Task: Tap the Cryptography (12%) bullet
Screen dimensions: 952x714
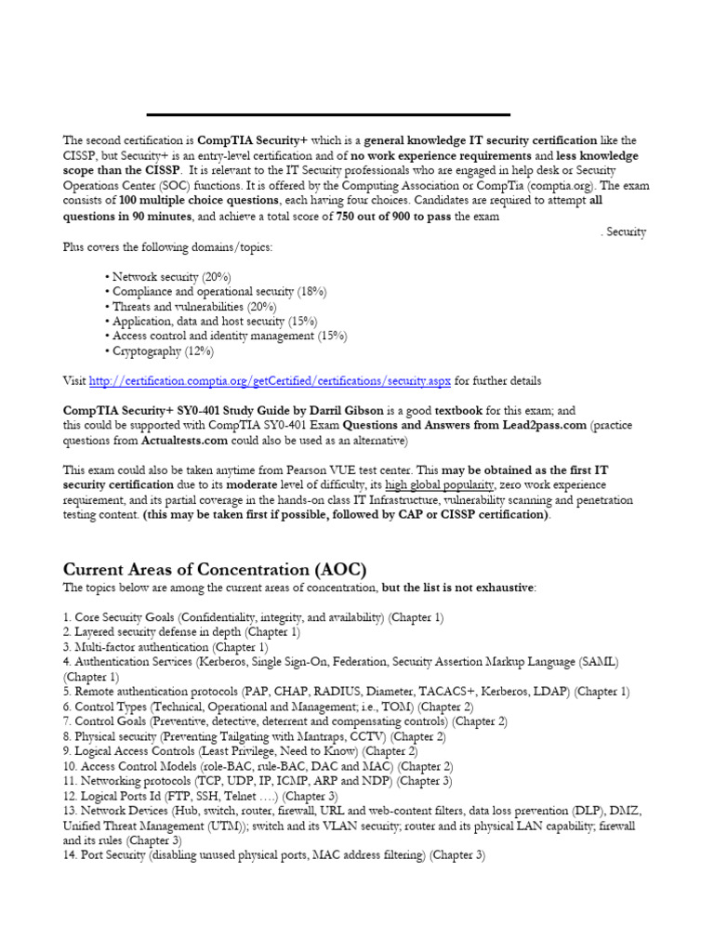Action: tap(162, 351)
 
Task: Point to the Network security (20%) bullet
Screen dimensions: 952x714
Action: tap(170, 277)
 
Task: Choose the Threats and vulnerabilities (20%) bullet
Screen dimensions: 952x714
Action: tap(193, 307)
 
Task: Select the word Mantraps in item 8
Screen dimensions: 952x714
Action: tap(322, 735)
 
